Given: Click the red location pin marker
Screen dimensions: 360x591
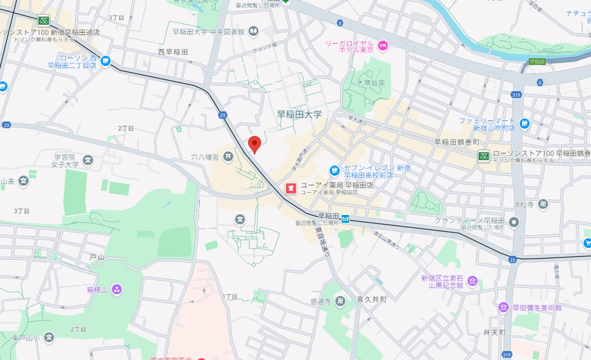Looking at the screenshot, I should tap(255, 143).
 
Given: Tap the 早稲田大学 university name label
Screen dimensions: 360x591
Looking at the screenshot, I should tap(300, 114).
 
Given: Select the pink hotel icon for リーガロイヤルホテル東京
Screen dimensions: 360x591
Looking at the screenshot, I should tap(383, 45).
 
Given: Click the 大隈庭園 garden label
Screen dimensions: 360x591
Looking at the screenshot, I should tap(371, 82).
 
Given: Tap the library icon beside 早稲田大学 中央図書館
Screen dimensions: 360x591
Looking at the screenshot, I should tap(253, 31).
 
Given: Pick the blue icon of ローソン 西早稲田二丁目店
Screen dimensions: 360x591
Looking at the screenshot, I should tap(106, 60).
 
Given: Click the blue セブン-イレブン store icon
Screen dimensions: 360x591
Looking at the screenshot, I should tap(334, 170).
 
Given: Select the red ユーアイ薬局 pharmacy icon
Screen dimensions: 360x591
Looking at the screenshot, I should tap(291, 188).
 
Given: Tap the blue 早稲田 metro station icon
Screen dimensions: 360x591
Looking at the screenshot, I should tap(347, 219).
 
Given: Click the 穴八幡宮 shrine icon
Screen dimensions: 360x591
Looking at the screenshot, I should tap(228, 157).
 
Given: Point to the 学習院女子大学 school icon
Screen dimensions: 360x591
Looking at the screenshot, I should tap(88, 161).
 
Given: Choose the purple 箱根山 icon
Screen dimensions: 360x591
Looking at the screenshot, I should tap(117, 289).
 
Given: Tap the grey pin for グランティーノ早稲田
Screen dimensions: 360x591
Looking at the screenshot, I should tap(515, 223).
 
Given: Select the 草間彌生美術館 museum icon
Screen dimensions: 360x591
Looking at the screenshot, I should tap(504, 307).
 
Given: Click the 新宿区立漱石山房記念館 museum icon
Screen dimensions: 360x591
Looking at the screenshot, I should tap(472, 280).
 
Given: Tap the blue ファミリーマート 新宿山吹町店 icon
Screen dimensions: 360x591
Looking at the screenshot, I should tap(524, 124).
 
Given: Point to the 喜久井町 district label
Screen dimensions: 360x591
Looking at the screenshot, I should tap(372, 300).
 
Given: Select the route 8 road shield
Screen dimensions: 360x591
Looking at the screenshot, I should tap(340, 22).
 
